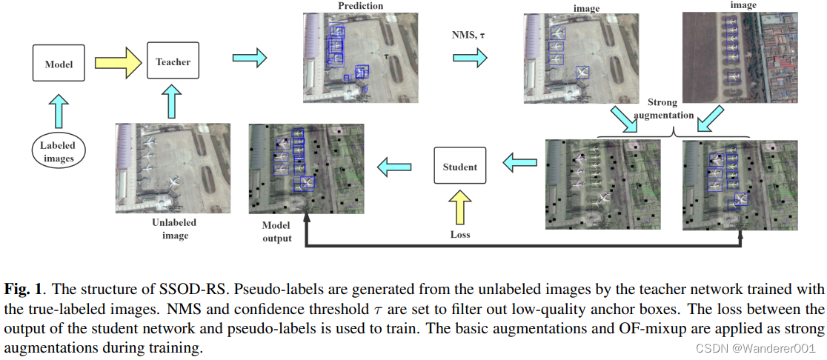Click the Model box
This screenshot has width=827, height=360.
tap(59, 63)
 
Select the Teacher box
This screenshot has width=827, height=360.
tap(173, 62)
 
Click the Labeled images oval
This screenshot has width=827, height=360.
tap(58, 151)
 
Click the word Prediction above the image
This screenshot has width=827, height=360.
tap(360, 6)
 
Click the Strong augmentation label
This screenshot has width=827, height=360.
tap(669, 108)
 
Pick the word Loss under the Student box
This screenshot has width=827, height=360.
tap(460, 234)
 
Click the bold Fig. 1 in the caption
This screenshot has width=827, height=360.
tap(20, 287)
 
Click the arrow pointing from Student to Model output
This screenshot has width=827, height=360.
tap(395, 167)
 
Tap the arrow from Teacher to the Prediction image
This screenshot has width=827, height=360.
tap(248, 57)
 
